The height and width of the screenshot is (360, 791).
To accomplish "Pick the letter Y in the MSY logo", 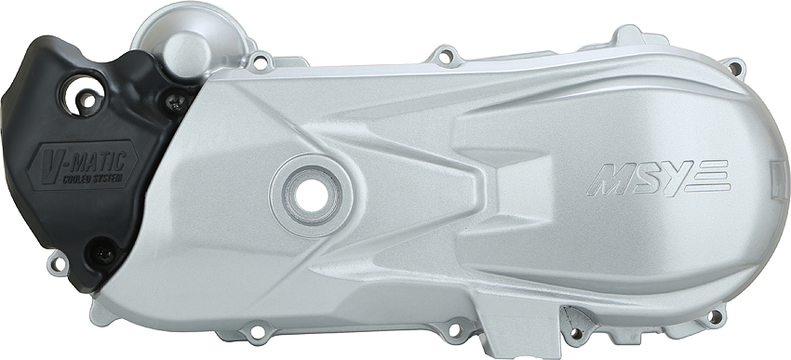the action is [675, 178].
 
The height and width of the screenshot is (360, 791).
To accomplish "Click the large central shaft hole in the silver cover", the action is [309, 195].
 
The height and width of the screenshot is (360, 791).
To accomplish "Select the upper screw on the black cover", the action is [175, 102].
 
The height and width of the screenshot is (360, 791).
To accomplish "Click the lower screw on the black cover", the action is [104, 254].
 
